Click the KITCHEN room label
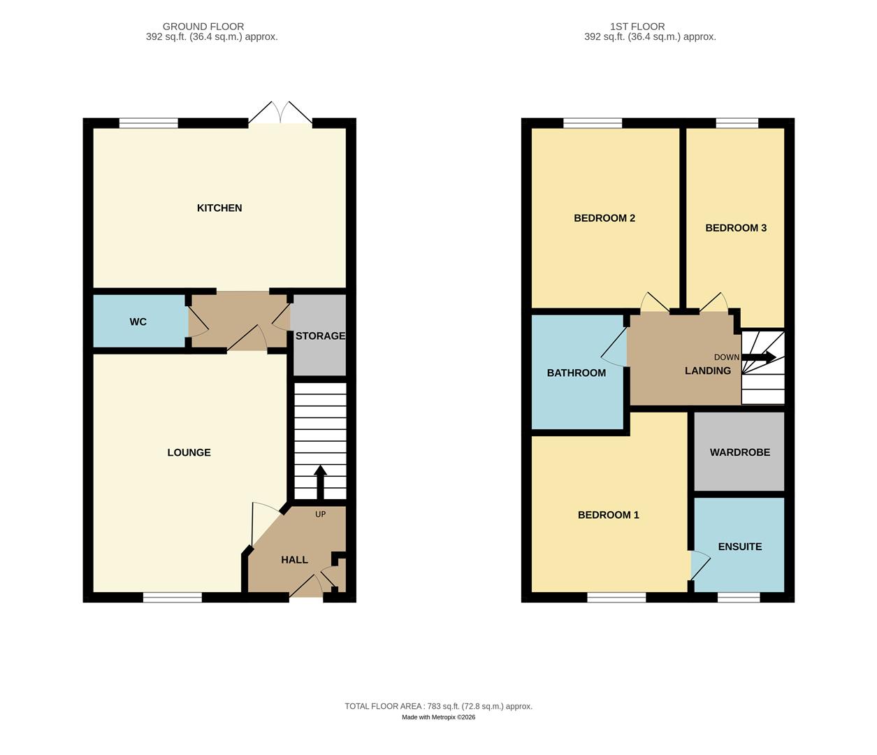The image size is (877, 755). click(219, 208)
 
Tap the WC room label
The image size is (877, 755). click(138, 322)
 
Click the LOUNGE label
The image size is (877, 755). click(189, 452)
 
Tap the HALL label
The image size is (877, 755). click(294, 559)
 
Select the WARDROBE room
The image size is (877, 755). click(739, 452)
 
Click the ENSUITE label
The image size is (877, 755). click(739, 547)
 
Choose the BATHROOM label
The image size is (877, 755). click(576, 373)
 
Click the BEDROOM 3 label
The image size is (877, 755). click(735, 228)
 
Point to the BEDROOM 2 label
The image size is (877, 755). click(604, 218)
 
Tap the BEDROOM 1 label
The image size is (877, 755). click(608, 515)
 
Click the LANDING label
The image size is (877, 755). click(707, 371)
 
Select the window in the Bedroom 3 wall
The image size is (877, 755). click(737, 124)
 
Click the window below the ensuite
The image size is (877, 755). click(738, 597)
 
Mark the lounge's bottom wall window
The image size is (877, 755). click(173, 597)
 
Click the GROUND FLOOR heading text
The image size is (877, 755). click(203, 27)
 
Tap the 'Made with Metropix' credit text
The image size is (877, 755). click(438, 717)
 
